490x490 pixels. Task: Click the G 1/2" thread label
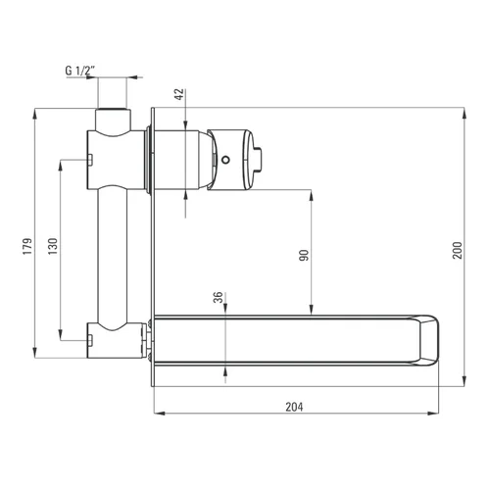[80, 71]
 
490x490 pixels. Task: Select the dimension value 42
[180, 94]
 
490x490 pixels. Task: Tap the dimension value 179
[27, 246]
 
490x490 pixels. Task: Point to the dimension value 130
[53, 246]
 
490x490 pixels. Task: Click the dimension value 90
[304, 255]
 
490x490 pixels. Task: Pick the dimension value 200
[458, 250]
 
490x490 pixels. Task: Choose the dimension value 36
[218, 297]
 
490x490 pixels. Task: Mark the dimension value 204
[294, 407]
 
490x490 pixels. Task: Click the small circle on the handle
[225, 160]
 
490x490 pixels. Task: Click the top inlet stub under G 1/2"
[113, 120]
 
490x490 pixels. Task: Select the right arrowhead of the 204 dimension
[433, 414]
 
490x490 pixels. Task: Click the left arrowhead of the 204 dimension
[159, 414]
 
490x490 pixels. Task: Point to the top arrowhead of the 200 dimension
[465, 113]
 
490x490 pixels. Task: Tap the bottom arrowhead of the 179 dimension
[34, 353]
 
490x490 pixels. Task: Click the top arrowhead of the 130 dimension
[60, 166]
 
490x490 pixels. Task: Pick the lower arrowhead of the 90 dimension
[312, 310]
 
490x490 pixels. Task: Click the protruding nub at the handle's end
[258, 160]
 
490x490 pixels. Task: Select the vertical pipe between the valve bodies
[112, 258]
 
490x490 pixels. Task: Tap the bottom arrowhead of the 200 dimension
[465, 381]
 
